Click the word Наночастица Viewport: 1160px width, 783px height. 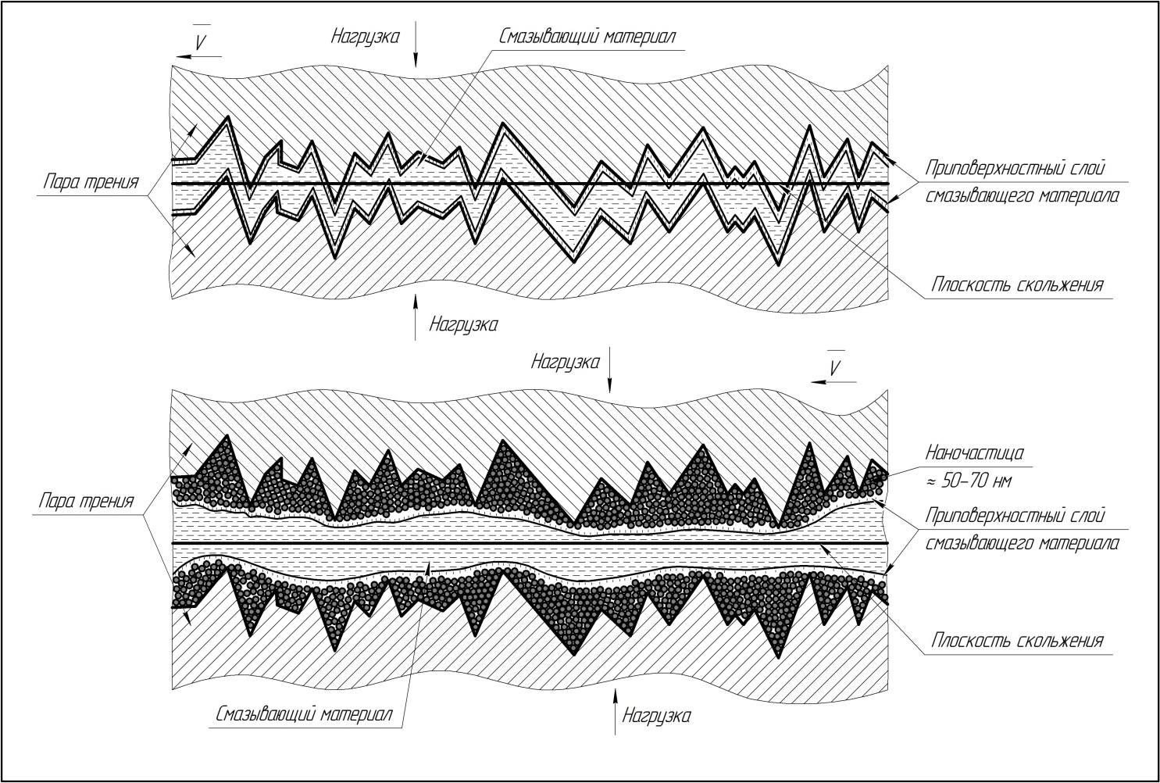(x=974, y=452)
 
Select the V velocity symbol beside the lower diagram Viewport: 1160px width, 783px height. (x=835, y=368)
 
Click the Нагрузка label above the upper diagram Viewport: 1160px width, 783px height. (x=365, y=35)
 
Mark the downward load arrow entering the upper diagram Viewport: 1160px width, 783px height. (x=416, y=47)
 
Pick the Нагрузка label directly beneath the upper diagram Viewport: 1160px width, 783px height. (x=462, y=324)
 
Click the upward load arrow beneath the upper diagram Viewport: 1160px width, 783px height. (x=416, y=316)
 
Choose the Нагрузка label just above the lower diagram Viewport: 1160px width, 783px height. (x=565, y=362)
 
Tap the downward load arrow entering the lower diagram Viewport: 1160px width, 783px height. (x=611, y=374)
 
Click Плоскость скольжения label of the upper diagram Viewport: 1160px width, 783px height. (x=1017, y=284)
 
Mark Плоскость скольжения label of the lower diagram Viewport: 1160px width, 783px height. (x=1017, y=641)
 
